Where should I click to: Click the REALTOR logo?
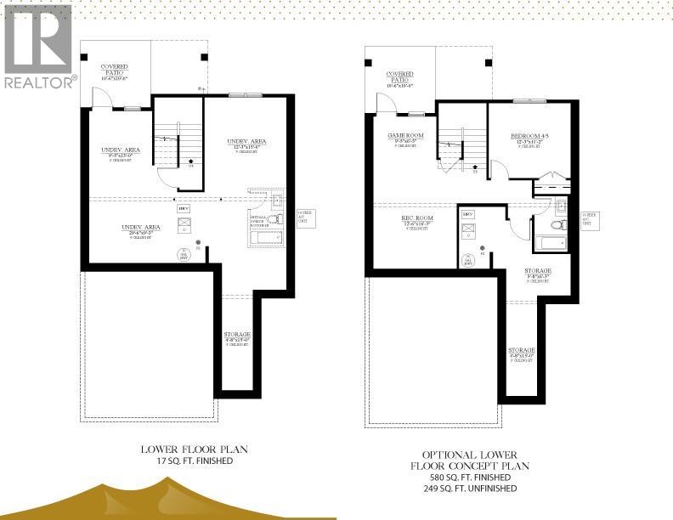tap(39, 46)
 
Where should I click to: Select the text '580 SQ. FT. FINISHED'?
tap(470, 478)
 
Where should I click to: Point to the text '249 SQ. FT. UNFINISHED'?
tap(470, 489)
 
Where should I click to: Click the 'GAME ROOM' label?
tap(405, 136)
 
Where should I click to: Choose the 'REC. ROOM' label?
tap(418, 218)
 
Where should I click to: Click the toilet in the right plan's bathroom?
tap(558, 225)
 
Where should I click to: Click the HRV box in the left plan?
tap(183, 207)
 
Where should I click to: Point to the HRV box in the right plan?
tap(468, 213)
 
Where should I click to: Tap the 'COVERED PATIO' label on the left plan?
tap(115, 67)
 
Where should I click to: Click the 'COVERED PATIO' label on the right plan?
tap(399, 76)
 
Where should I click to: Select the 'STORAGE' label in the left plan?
tap(237, 335)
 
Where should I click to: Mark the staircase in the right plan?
tap(461, 142)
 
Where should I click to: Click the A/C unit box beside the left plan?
tap(303, 217)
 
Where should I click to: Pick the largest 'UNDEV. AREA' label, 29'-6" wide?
tap(141, 228)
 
